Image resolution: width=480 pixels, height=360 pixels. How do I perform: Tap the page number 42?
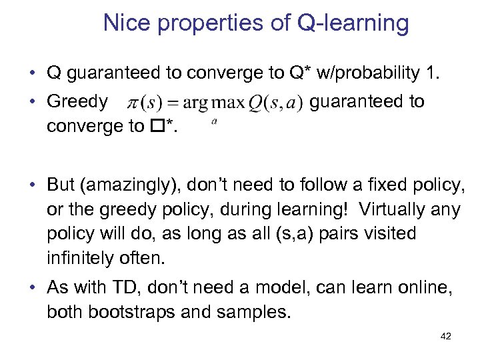(446, 337)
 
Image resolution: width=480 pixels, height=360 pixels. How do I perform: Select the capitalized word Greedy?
(77, 102)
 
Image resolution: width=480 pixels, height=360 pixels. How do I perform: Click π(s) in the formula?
(142, 104)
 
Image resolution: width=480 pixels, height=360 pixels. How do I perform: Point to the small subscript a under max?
(214, 121)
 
